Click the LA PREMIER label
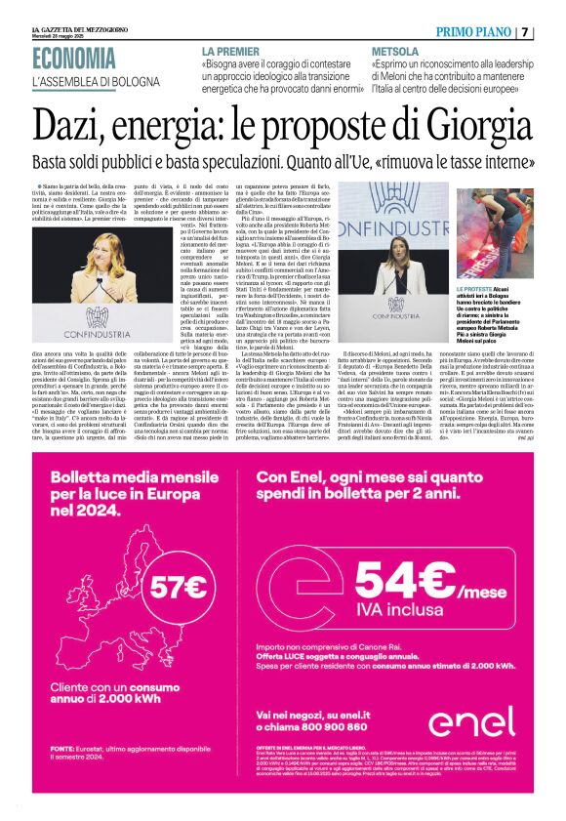(x=231, y=51)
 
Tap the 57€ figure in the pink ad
(x=180, y=586)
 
